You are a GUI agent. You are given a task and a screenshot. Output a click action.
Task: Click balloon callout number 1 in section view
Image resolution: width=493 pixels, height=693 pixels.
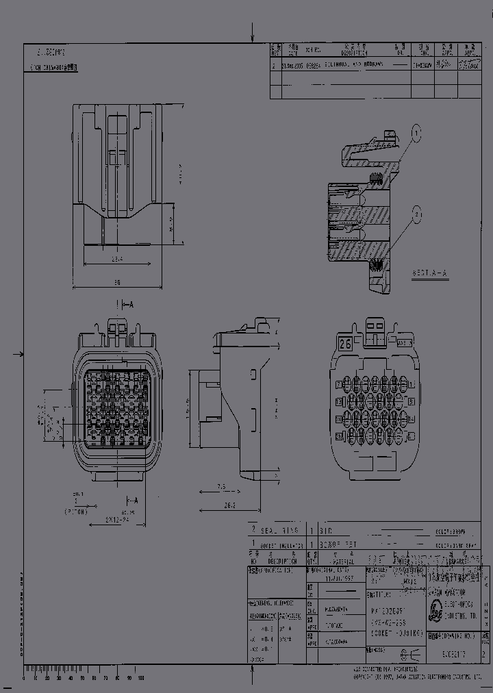point(416,131)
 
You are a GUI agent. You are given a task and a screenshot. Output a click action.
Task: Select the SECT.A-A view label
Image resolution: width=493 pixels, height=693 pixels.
point(429,273)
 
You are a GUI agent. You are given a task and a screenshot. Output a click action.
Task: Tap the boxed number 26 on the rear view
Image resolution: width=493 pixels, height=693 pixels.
point(345,344)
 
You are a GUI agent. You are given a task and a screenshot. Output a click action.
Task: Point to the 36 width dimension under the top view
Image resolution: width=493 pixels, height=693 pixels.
point(116,281)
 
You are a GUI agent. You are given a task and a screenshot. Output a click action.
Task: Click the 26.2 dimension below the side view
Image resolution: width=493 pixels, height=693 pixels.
point(229,507)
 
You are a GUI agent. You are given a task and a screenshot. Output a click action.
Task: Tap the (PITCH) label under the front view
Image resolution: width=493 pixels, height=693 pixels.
point(80,512)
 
